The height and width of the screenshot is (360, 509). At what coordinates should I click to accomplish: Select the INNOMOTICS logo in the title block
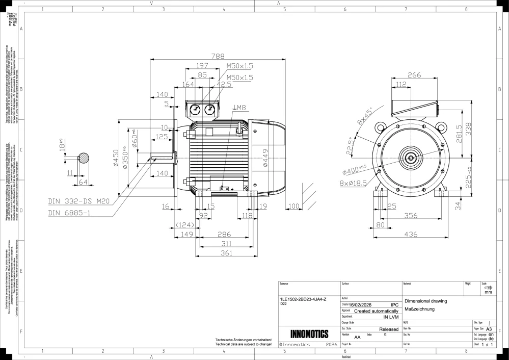coord(309,335)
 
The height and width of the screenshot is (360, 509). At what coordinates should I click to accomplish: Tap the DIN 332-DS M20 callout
coord(79,201)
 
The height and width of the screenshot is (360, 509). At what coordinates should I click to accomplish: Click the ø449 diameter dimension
coord(265,159)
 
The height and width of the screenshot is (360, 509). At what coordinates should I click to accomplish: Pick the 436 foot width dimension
coord(411,235)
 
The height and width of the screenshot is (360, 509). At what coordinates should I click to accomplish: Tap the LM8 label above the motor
coord(239,108)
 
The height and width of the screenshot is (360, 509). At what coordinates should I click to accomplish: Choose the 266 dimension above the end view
coord(414,75)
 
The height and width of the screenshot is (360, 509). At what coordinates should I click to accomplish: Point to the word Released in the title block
coord(389,329)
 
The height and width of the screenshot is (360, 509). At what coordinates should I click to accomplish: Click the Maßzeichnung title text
coord(419,309)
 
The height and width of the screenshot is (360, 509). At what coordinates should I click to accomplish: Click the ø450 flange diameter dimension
coord(117,159)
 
